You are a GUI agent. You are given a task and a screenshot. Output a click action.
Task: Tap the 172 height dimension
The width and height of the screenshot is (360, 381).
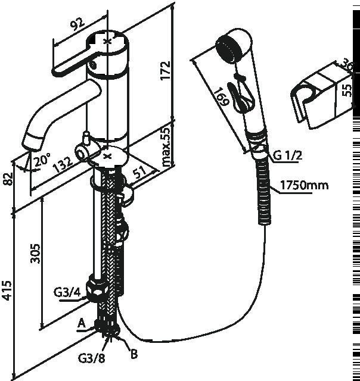click(x=165, y=70)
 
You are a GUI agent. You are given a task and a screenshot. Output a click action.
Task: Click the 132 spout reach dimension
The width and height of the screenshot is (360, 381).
click(x=63, y=164)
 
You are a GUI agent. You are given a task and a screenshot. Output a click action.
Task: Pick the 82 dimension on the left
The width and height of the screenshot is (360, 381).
click(x=8, y=179)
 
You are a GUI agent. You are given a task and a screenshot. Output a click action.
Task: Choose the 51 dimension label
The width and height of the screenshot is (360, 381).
click(x=139, y=172)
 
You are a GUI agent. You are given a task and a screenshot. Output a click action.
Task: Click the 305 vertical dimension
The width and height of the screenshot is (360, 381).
click(x=35, y=254)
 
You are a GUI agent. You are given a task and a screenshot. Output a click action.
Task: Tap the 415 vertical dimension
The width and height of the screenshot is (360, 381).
click(x=7, y=291)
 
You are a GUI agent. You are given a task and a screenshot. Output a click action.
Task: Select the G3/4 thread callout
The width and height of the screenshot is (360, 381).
click(x=67, y=292)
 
